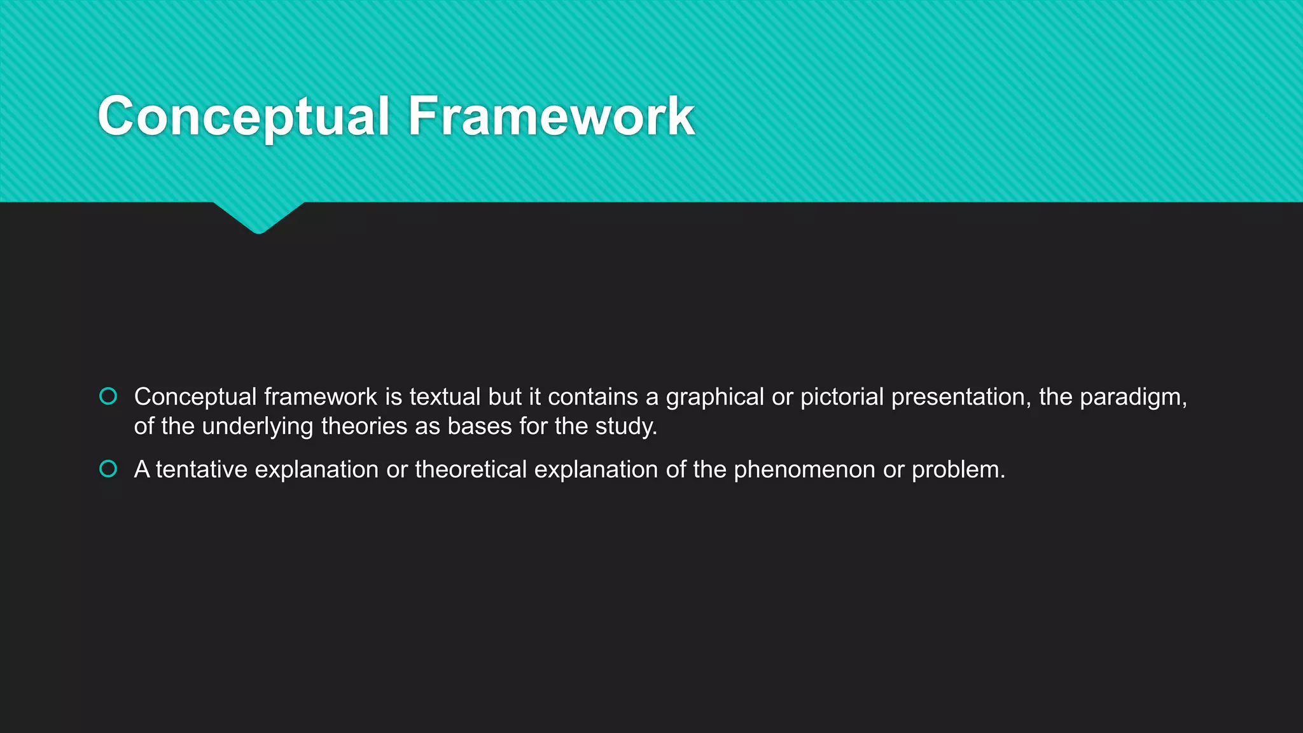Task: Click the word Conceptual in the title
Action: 243,116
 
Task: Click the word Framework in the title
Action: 551,116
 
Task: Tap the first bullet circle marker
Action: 109,396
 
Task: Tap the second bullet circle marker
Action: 109,469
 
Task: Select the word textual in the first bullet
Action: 445,397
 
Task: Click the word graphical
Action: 714,397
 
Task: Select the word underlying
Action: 258,426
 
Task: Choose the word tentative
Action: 202,470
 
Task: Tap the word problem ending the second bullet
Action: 958,470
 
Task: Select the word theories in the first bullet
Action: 364,426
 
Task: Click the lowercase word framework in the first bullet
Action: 321,397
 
